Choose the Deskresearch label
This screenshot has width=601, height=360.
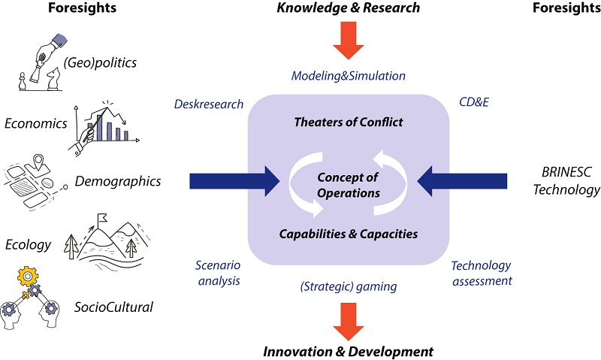(208, 104)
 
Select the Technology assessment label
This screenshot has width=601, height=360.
(481, 274)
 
